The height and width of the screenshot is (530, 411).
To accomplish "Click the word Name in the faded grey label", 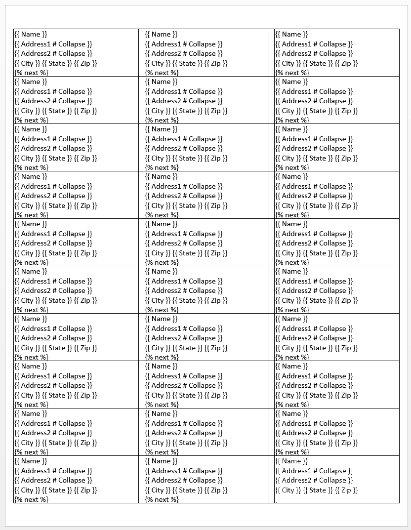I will (x=291, y=461).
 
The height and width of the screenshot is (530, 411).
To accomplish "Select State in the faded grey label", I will (x=318, y=490).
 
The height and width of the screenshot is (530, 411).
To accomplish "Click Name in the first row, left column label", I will (x=31, y=35).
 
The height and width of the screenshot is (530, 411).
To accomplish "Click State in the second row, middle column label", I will (x=187, y=111).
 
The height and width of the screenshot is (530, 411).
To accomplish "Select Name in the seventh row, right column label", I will (x=291, y=319).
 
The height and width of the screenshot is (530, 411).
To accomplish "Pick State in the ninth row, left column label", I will (x=57, y=443).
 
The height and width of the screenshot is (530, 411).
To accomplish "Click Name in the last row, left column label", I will (x=31, y=461).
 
